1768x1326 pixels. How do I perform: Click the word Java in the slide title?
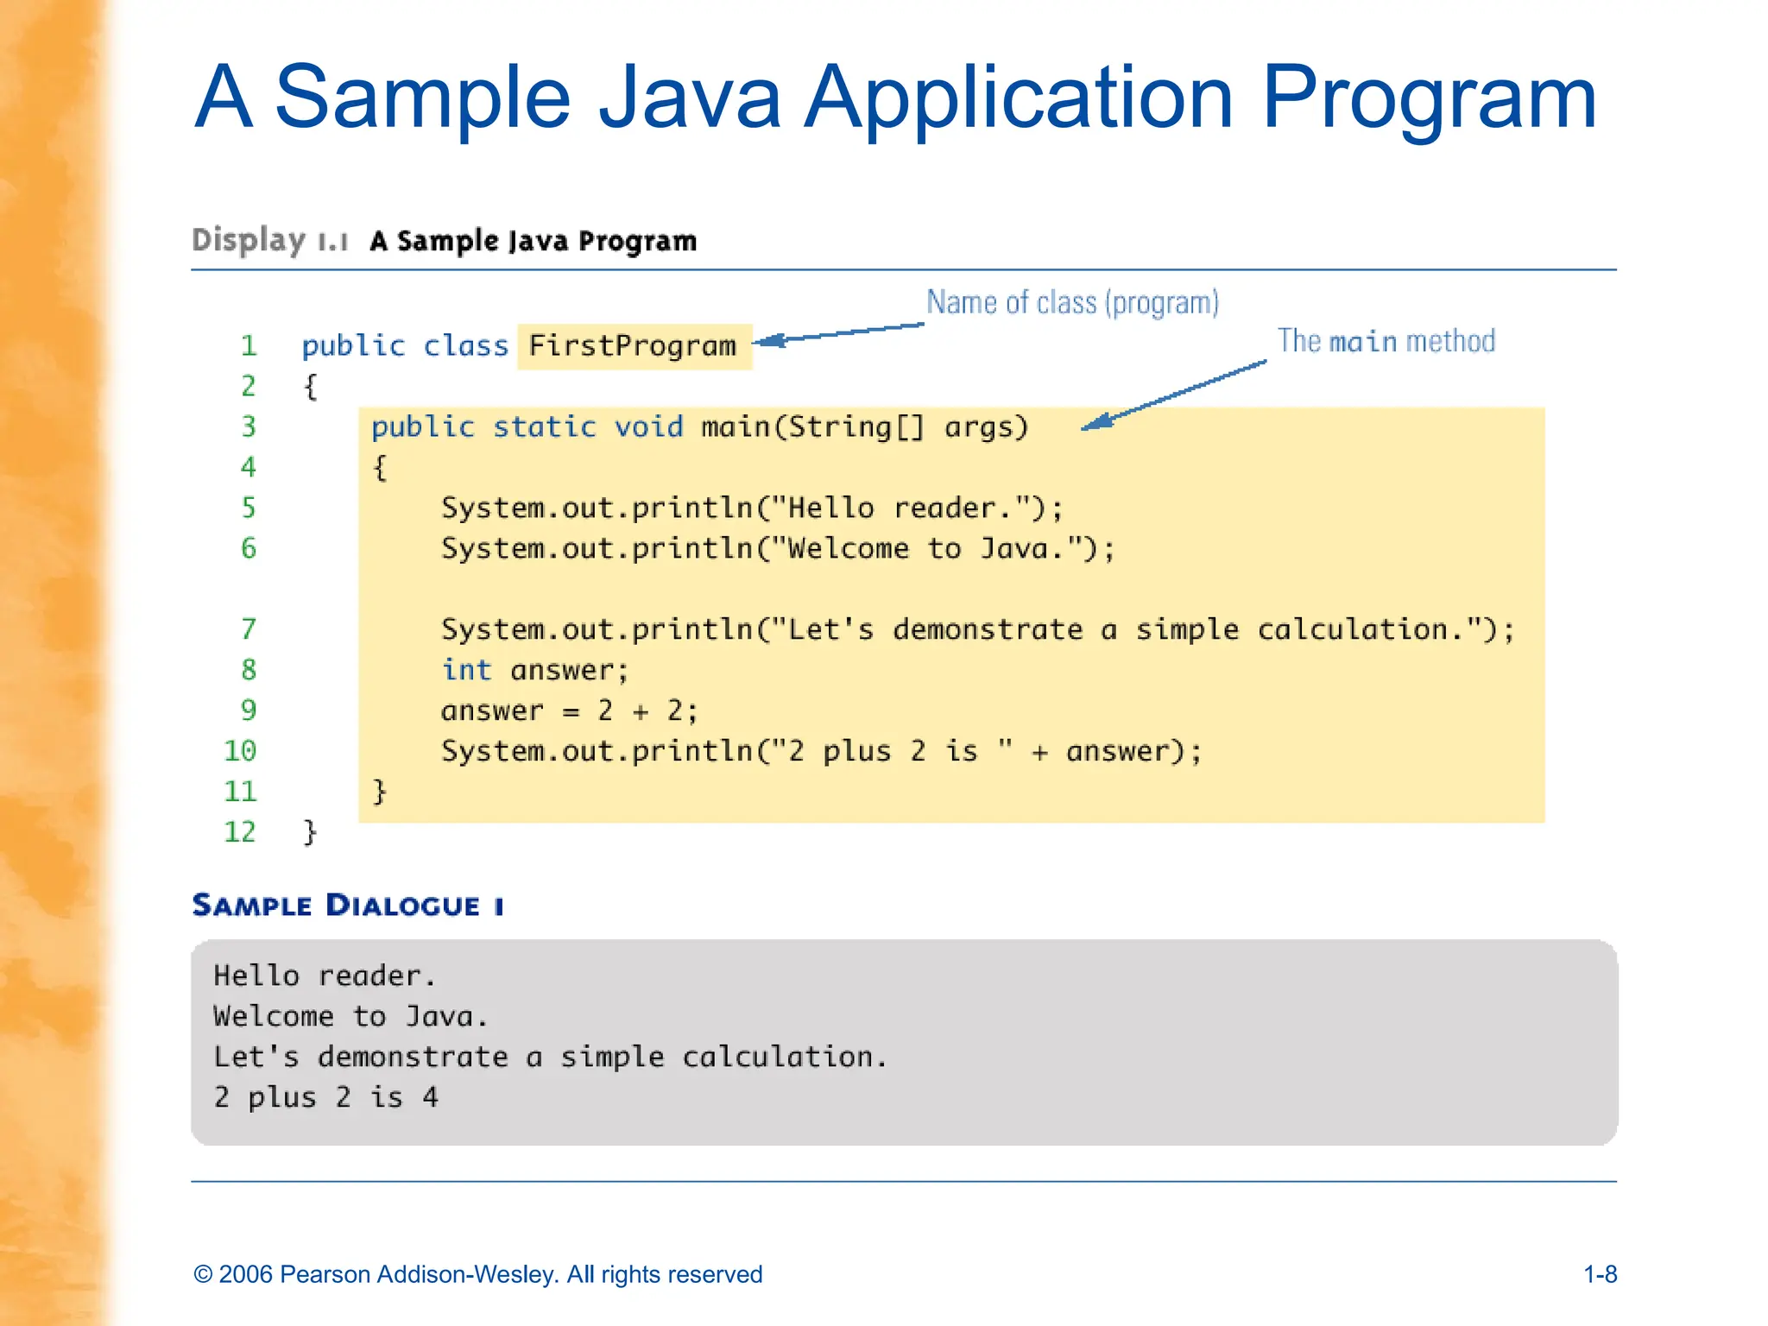(x=689, y=98)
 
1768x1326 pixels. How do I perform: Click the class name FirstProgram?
(x=633, y=346)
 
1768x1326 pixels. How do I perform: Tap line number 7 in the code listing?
(x=249, y=629)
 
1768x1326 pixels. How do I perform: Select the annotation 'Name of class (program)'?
(x=1072, y=303)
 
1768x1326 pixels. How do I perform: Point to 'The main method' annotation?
(x=1386, y=342)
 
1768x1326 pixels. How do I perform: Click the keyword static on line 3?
(x=544, y=427)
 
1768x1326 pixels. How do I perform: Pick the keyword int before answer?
(x=466, y=670)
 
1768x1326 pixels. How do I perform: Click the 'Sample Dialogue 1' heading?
(x=348, y=906)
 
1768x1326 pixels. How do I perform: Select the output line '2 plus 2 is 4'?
(x=326, y=1097)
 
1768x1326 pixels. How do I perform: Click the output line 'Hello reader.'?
(x=325, y=976)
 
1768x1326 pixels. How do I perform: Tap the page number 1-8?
(x=1600, y=1274)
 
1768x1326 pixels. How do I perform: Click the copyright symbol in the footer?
(x=203, y=1275)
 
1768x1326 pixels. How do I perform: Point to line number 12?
(x=240, y=832)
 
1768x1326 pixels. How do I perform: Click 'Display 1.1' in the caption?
(x=269, y=241)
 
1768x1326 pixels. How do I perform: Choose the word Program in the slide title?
(x=1429, y=98)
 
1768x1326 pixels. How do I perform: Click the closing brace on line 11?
(x=379, y=792)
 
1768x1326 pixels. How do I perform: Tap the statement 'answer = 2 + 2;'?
(x=569, y=710)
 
